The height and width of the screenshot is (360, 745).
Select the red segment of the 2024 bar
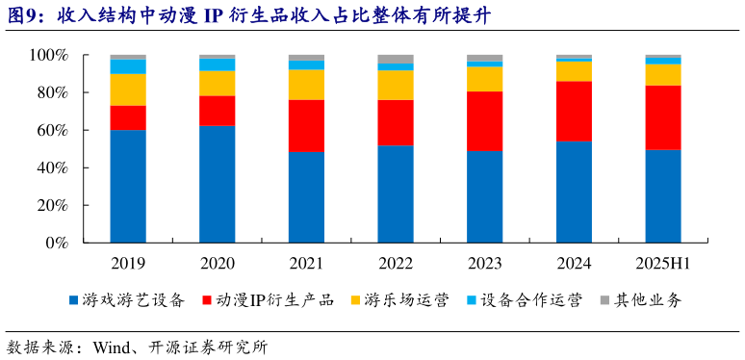coord(574,111)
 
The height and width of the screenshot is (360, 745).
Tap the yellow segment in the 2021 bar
coord(306,85)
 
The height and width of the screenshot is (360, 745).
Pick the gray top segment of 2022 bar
coord(396,59)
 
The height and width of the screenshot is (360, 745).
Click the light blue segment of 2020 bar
coord(217,64)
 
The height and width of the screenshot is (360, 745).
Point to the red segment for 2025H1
coord(663,117)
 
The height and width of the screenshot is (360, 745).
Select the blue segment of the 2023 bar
coord(484,196)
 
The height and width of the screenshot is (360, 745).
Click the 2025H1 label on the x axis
coord(663,264)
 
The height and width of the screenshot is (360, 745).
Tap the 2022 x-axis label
coord(396,264)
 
